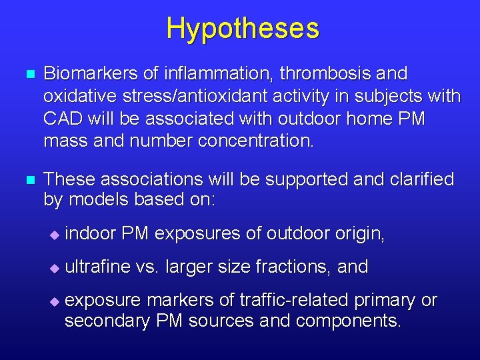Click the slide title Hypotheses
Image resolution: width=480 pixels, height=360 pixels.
(243, 29)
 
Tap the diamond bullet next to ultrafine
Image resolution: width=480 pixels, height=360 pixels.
(55, 268)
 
